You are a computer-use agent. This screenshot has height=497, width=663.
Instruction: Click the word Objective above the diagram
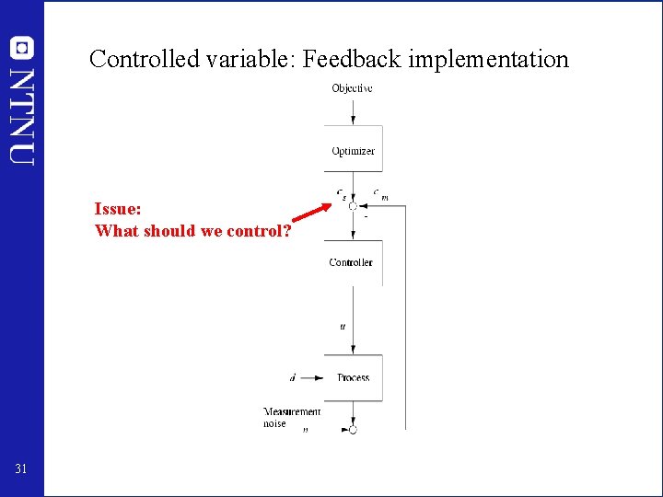(352, 88)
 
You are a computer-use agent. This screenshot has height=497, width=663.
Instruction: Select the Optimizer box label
(354, 151)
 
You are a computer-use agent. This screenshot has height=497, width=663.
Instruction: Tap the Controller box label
(351, 262)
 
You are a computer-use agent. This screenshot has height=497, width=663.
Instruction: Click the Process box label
(354, 377)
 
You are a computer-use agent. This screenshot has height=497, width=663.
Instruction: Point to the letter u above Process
(343, 326)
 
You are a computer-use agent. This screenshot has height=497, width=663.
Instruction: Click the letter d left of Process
(293, 377)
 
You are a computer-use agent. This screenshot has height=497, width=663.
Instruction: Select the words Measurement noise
(292, 418)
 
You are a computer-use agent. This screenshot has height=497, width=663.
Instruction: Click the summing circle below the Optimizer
(353, 206)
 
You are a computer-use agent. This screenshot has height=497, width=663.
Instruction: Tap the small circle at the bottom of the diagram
(353, 429)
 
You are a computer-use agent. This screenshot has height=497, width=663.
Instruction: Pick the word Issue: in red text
(118, 210)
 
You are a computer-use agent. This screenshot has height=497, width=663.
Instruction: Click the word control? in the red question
(262, 230)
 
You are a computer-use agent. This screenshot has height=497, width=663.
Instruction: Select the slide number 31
(22, 470)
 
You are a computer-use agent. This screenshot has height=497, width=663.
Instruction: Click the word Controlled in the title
(144, 60)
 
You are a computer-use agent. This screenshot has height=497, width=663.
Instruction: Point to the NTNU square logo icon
(21, 46)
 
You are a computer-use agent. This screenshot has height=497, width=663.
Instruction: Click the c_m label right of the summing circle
(379, 194)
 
